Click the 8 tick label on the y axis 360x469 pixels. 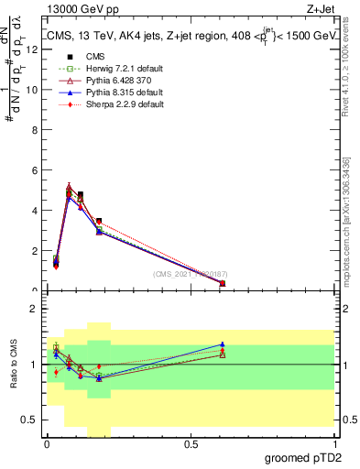(34, 130)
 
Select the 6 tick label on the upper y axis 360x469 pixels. (34, 170)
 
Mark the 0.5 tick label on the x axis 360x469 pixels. (191, 444)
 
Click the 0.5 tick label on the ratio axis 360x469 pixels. (31, 420)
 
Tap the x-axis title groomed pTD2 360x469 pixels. (305, 457)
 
